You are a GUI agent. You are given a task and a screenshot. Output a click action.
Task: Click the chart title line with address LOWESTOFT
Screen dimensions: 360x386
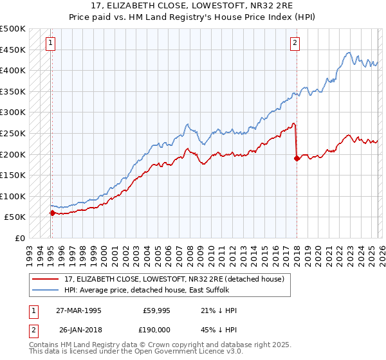[x=193, y=6]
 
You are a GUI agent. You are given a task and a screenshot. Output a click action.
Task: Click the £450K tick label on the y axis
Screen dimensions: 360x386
[x=13, y=50]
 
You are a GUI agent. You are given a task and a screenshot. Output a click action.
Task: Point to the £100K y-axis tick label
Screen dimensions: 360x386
[x=13, y=196]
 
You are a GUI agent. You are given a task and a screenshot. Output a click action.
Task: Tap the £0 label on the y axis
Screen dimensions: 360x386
[x=21, y=238]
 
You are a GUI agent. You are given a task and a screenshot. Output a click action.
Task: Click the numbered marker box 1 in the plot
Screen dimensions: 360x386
[x=51, y=43]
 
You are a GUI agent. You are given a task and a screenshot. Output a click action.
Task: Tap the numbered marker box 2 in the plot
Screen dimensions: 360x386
[x=295, y=43]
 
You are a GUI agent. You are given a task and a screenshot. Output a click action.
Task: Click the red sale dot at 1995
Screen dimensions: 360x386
[x=52, y=213]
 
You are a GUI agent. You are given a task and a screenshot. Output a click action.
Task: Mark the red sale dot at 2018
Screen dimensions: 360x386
[x=297, y=158]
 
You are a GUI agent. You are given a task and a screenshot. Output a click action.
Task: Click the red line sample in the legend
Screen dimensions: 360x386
[x=46, y=278]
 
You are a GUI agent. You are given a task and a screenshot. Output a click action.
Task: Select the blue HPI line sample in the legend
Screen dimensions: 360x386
[x=46, y=290]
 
